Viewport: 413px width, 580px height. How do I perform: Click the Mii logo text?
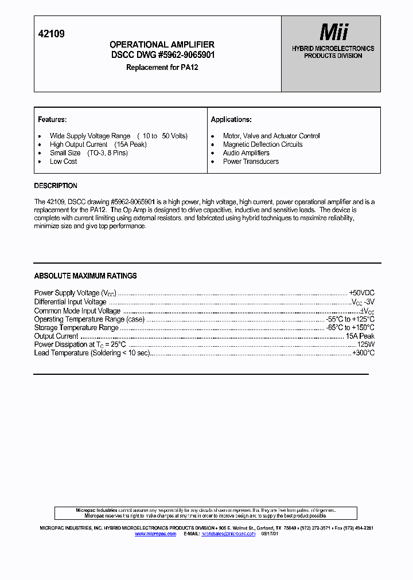pos(334,32)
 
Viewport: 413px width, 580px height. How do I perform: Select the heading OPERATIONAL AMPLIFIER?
pos(162,45)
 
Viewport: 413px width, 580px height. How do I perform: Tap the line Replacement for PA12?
pos(162,67)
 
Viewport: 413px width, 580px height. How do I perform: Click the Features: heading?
pos(52,120)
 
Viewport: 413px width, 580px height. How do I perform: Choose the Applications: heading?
pos(231,120)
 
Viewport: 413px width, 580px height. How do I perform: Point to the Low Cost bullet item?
pos(63,162)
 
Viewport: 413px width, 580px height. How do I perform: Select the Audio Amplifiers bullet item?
pos(246,153)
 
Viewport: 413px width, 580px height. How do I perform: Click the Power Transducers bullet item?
pos(251,162)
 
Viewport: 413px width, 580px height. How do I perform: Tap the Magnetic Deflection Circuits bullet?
pos(263,144)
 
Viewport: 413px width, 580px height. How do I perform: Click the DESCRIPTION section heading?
pos(56,186)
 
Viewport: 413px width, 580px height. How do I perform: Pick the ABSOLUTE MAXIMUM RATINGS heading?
pos(85,276)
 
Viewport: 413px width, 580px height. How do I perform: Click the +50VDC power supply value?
pos(361,293)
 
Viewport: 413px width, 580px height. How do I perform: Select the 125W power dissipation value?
pos(365,344)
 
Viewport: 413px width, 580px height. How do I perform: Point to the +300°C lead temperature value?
pos(363,353)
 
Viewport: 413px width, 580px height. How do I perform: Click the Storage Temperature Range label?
pos(76,328)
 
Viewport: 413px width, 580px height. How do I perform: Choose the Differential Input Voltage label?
pos(70,302)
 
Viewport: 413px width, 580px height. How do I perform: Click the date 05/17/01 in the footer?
pos(269,534)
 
